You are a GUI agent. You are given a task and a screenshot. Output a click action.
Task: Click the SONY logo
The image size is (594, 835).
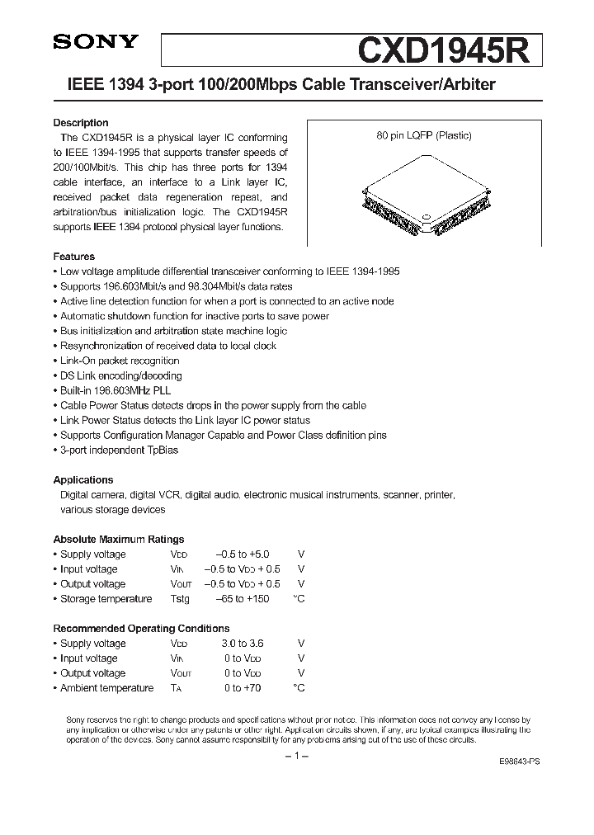tap(96, 44)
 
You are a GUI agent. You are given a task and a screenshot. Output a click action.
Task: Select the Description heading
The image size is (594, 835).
tap(81, 123)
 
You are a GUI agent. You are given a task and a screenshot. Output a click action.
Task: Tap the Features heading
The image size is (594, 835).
tap(74, 257)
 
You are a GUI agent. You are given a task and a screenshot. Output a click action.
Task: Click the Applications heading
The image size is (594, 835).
tap(83, 479)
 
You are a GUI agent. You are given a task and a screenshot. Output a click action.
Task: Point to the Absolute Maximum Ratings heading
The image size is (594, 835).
tap(119, 539)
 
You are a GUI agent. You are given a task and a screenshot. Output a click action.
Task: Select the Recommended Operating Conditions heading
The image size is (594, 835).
tap(141, 628)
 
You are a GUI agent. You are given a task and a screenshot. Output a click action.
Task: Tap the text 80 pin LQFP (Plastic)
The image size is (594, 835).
tap(424, 135)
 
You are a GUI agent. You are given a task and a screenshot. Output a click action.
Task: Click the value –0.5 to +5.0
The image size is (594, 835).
tap(242, 554)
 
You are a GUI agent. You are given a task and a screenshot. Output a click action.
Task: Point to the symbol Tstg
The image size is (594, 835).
tap(180, 599)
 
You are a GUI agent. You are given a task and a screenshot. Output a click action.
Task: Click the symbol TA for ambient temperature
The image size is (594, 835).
tap(176, 688)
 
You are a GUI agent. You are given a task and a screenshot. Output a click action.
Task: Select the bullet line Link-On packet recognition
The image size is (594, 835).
tap(120, 361)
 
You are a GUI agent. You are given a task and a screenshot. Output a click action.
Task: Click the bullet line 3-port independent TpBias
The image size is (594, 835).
tap(119, 450)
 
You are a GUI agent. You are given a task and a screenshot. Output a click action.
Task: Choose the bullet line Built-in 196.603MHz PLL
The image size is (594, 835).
tap(115, 390)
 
